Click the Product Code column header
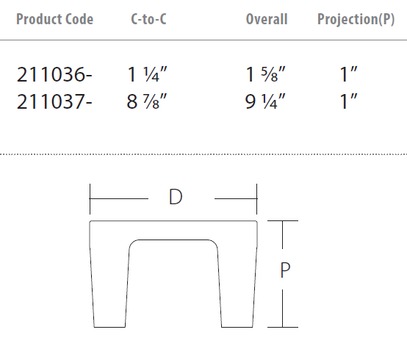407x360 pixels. (55, 19)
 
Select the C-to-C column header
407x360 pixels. (148, 19)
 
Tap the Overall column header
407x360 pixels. (267, 19)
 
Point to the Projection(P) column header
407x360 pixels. (356, 20)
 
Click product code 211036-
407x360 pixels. (54, 74)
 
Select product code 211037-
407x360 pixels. (54, 101)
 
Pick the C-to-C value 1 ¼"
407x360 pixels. (147, 74)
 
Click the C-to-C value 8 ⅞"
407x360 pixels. (147, 101)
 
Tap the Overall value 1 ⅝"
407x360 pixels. (265, 74)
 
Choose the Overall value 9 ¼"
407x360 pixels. (265, 101)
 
